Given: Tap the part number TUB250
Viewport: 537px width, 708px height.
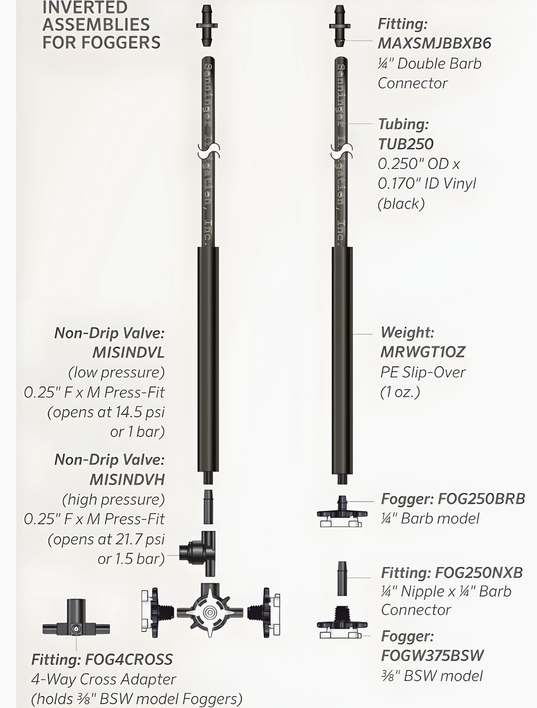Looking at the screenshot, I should click(406, 144).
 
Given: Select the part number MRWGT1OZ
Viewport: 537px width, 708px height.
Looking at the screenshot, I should click(423, 352).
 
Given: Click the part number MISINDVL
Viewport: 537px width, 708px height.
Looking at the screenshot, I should click(128, 353).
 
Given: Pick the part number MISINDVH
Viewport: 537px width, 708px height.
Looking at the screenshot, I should click(127, 480).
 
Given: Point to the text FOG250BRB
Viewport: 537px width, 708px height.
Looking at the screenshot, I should click(481, 499).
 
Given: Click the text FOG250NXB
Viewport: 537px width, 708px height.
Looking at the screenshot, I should click(479, 573).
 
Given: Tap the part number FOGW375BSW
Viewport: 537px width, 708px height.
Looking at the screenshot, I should click(432, 655).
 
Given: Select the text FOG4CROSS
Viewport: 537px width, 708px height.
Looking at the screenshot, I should click(129, 660).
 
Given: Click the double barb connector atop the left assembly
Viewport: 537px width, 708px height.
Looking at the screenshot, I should click(207, 26).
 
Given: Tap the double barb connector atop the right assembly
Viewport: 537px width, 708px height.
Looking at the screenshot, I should click(339, 26).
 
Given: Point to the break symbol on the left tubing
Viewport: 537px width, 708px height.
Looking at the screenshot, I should click(208, 151).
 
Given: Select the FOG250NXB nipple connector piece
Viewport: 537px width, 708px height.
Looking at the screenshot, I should click(342, 579).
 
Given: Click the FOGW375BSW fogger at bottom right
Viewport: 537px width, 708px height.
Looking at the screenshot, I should click(341, 623).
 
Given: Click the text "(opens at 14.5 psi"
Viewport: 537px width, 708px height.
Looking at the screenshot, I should click(106, 412).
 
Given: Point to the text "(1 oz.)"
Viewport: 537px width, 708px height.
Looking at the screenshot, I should click(400, 392).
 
